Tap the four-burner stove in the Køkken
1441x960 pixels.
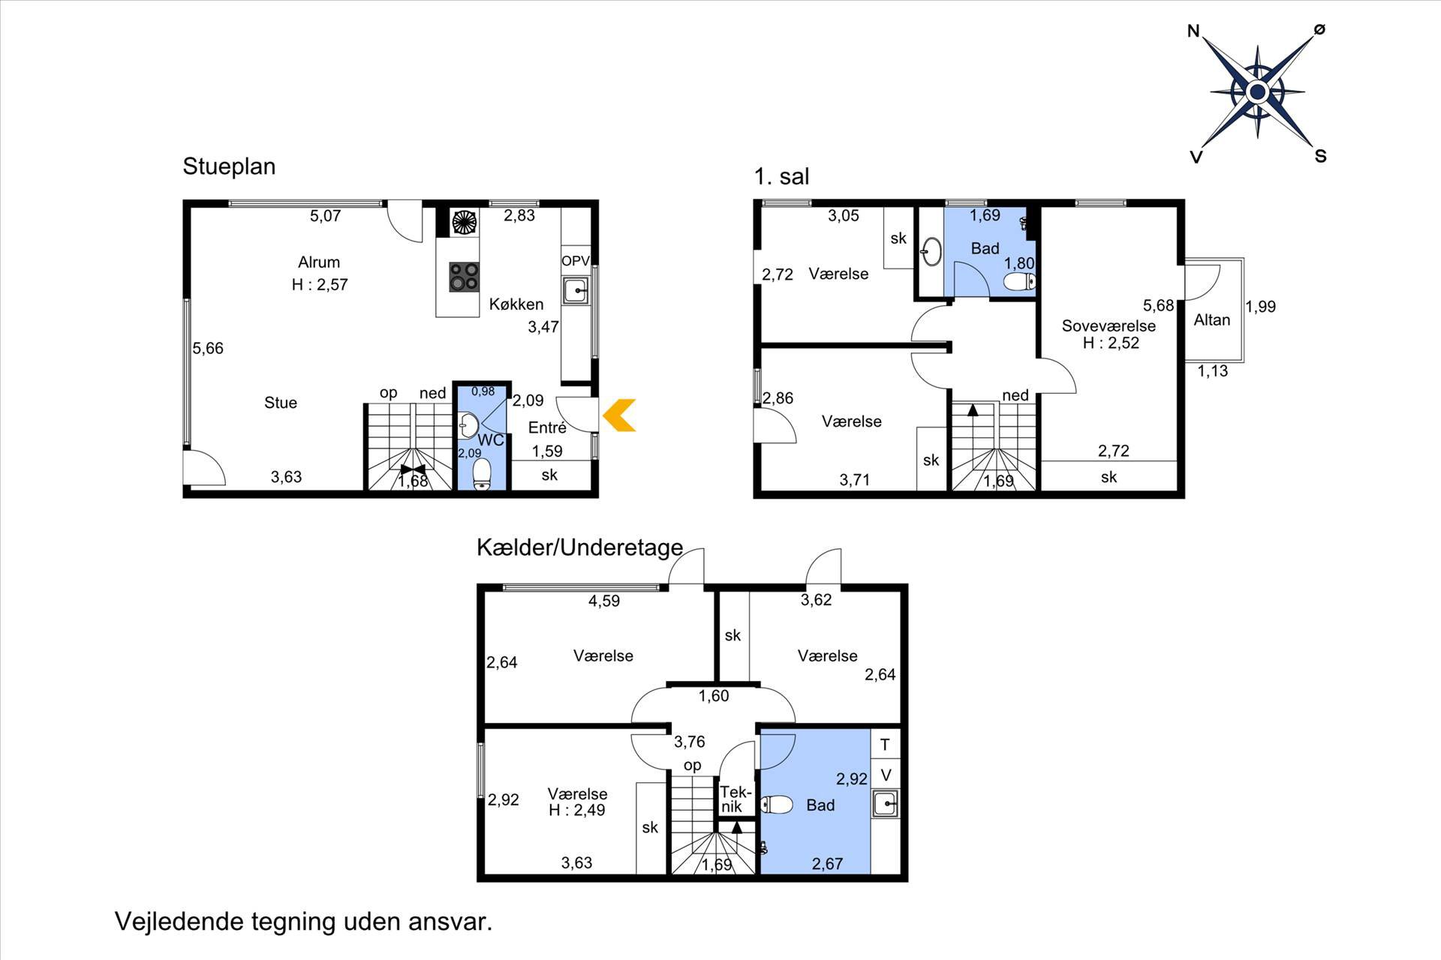[x=464, y=276]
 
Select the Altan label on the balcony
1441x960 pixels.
[x=1212, y=319]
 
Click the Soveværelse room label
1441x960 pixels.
[x=1109, y=325]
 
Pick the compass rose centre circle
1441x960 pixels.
[x=1257, y=92]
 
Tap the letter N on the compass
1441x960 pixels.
[x=1193, y=31]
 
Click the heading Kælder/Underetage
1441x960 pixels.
[x=579, y=547]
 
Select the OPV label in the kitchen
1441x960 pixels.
[x=576, y=261]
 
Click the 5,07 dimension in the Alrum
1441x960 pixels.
[x=325, y=216]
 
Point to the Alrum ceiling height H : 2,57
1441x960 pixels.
[x=320, y=284]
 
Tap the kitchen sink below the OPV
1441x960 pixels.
[x=576, y=290]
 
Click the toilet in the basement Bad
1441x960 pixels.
[x=777, y=805]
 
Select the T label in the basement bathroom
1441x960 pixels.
[x=885, y=745]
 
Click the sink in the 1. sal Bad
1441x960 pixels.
[x=931, y=252]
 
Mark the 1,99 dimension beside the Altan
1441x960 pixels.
[x=1260, y=306]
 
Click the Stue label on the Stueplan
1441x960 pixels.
[x=281, y=403]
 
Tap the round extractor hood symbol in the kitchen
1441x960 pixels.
[x=464, y=222]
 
